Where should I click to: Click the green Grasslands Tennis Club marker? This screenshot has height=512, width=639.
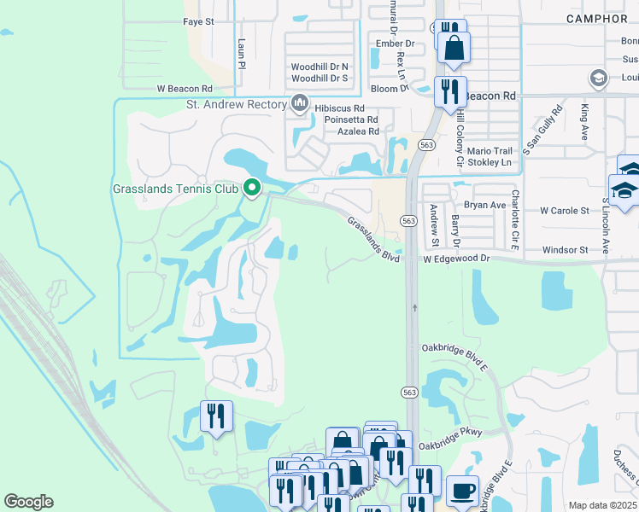(x=251, y=187)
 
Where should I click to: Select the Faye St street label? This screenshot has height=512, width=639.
(x=198, y=21)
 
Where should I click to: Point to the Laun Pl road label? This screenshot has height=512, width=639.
(x=242, y=53)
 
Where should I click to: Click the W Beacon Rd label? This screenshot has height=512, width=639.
(x=184, y=89)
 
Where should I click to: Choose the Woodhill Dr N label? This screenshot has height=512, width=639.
(x=319, y=66)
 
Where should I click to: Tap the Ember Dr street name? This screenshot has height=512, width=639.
(x=395, y=43)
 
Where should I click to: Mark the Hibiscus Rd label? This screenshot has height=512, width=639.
(x=340, y=109)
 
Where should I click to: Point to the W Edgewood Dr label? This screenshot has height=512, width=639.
(x=456, y=258)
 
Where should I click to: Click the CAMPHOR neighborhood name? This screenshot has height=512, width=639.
(x=596, y=18)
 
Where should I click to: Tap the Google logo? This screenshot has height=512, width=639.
(x=28, y=502)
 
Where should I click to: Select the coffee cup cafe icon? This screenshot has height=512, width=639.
(x=462, y=491)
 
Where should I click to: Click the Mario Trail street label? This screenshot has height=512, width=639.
(x=490, y=149)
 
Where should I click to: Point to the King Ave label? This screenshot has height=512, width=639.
(x=585, y=122)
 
